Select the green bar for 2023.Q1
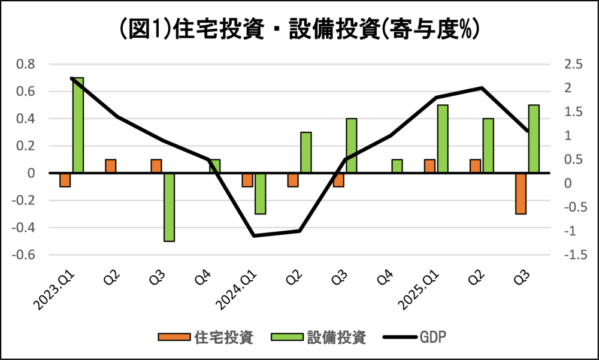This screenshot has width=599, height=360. [78, 126]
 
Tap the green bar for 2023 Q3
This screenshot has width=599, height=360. [169, 207]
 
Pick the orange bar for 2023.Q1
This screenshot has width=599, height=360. [65, 180]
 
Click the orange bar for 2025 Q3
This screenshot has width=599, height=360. [521, 193]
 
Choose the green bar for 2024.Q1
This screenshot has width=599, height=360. [260, 193]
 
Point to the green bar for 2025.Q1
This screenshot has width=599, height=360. [443, 139]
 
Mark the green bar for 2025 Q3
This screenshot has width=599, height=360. [534, 139]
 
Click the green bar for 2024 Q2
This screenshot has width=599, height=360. [305, 153]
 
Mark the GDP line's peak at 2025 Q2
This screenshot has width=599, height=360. [482, 88]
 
